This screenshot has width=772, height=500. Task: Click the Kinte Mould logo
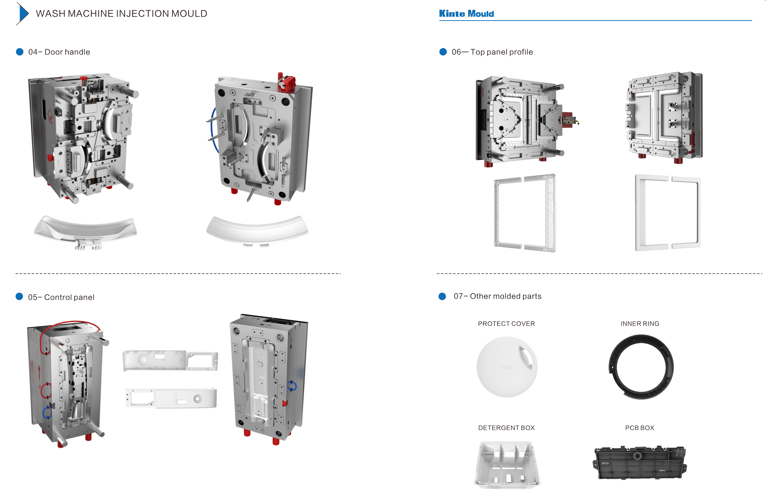466,14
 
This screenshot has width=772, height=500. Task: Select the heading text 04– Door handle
59,52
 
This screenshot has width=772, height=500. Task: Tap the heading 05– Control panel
61,297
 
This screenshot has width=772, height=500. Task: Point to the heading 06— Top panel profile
492,52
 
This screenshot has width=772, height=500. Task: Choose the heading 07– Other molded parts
498,296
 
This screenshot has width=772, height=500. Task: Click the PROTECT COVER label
506,324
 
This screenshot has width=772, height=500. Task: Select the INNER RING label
640,324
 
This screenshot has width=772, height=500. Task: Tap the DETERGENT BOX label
506,428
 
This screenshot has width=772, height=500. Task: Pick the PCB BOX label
639,428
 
